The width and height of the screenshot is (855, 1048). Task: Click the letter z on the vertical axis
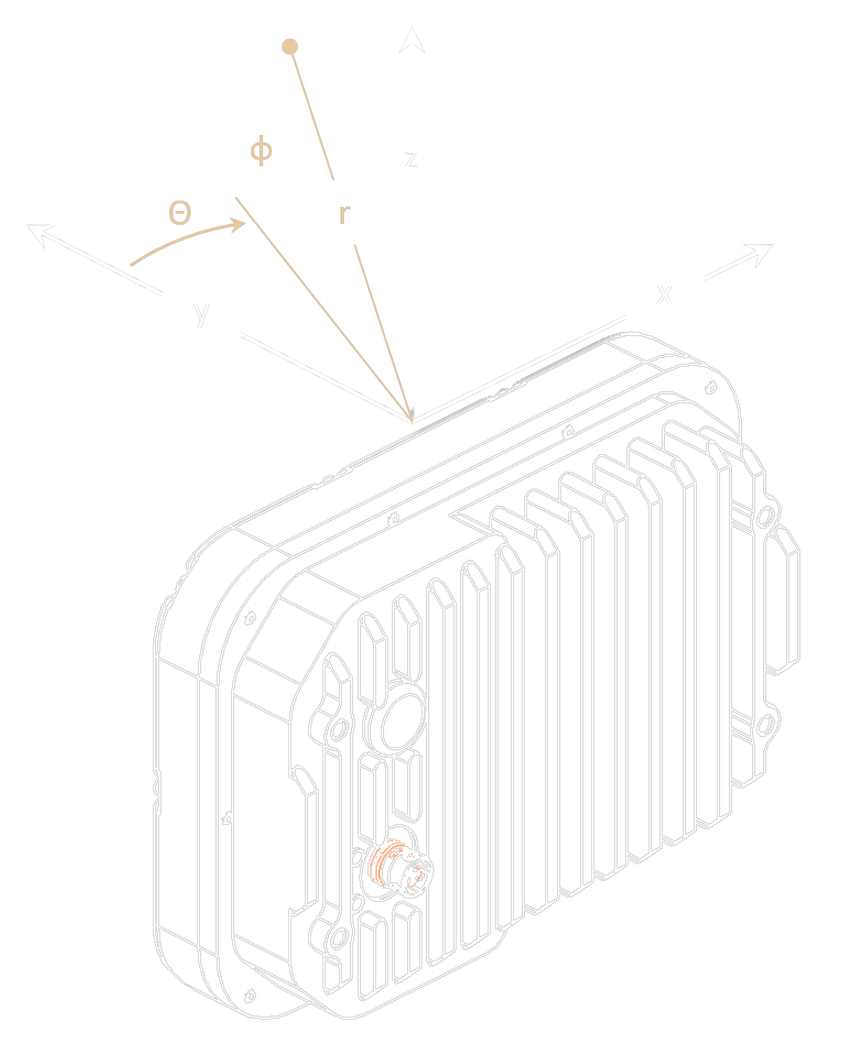pos(411,159)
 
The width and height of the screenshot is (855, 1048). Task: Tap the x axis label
pos(664,294)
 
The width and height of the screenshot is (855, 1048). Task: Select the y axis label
pos(201,313)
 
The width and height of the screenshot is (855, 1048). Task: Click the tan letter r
pos(344,214)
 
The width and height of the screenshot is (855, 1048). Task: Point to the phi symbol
pos(261,151)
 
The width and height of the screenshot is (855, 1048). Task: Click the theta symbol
pos(180,213)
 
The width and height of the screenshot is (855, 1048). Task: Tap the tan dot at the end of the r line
pos(290,46)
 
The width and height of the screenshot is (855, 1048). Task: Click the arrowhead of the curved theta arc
pos(239,224)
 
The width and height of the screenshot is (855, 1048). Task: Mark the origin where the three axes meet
pos(412,420)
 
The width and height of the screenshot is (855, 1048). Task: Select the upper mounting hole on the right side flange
pos(765,516)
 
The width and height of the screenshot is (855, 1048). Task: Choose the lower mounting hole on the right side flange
pos(765,725)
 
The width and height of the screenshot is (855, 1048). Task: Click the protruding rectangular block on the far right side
pos(783,602)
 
